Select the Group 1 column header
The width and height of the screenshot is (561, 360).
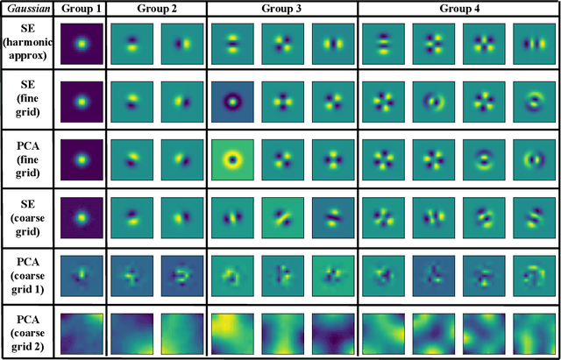point(82,9)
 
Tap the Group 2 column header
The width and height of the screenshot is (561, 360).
point(156,9)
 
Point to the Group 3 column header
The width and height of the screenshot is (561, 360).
point(283,9)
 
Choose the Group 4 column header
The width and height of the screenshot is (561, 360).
point(458,9)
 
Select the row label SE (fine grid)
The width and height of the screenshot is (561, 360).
point(28,102)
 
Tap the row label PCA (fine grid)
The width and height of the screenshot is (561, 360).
point(28,159)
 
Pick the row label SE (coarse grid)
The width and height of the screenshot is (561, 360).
point(28,216)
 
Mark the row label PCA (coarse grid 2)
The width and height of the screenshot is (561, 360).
point(28,331)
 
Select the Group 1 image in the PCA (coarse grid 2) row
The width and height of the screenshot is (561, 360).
point(82,332)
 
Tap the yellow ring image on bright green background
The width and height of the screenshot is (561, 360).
point(232,160)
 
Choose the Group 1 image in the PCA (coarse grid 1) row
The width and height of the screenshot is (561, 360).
point(82,274)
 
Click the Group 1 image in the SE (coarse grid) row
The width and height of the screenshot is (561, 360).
point(82,217)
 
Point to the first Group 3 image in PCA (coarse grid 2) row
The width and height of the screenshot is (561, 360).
point(232,332)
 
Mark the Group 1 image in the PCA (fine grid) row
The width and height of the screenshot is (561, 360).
point(82,160)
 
